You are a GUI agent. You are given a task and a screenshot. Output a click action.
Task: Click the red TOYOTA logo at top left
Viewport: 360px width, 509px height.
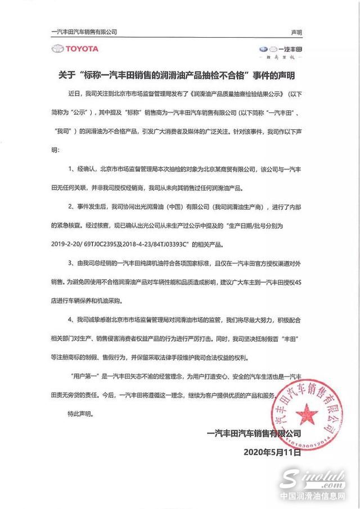[75, 49]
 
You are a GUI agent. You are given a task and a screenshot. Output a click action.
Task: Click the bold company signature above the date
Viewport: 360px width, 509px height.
[254, 434]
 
